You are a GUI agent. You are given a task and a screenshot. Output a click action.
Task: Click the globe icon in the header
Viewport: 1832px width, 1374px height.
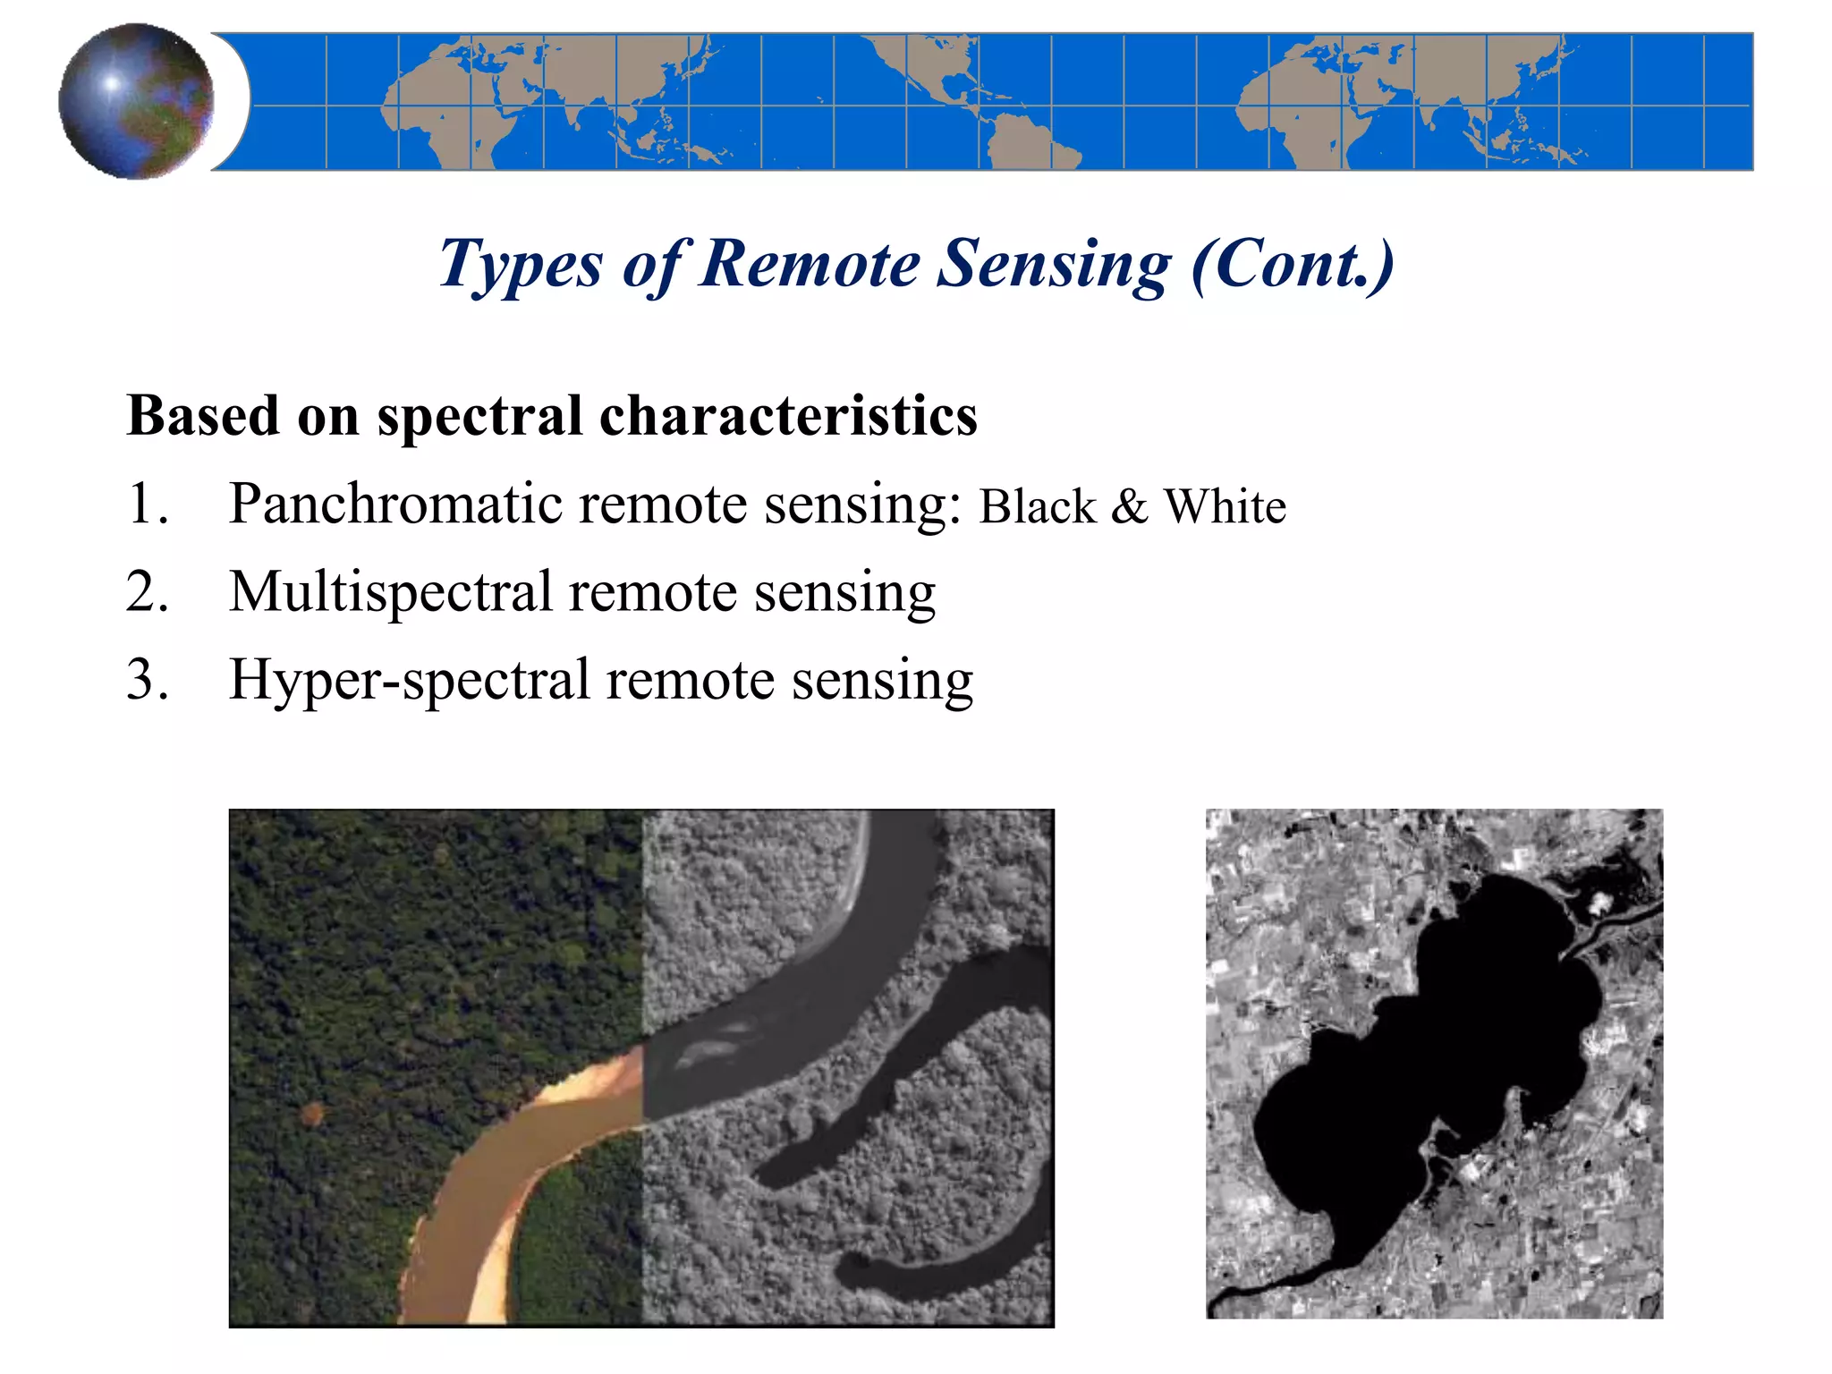point(136,101)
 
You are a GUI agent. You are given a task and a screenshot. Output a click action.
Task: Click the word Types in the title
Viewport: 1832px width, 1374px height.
point(521,266)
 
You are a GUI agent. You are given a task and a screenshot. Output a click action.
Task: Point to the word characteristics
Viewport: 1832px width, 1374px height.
point(788,416)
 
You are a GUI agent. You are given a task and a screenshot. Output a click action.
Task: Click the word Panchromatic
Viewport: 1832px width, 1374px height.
point(398,504)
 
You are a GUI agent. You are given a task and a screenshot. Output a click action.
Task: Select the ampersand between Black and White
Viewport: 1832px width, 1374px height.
point(1130,506)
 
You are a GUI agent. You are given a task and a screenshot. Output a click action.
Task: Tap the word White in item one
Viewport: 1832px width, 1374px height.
point(1225,506)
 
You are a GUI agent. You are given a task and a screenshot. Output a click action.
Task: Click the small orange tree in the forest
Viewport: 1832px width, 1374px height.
point(312,1113)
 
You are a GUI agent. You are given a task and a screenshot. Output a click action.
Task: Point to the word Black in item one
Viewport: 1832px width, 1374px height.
point(1038,506)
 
